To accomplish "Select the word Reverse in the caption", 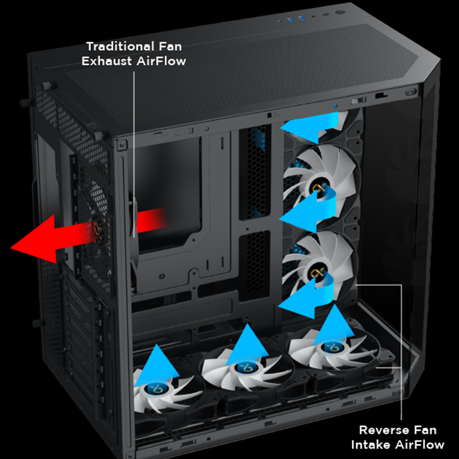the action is tap(384, 431).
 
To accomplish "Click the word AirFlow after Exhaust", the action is tap(161, 61).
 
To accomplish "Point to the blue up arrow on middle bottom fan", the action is tap(247, 345).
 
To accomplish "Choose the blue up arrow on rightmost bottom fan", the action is tap(334, 325).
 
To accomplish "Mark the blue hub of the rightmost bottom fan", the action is tap(332, 347).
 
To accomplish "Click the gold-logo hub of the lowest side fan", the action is tap(317, 274).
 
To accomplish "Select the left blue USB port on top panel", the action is tap(290, 20).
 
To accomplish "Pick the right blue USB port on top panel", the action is tap(302, 19).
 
